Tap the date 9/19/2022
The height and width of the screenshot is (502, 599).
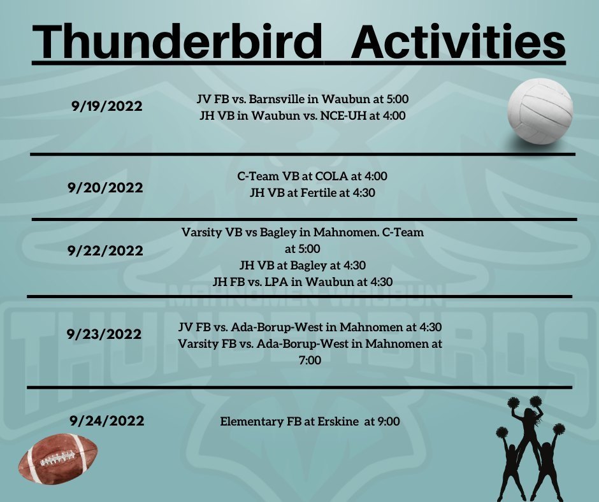click(106, 106)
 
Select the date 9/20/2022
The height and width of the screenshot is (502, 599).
click(105, 187)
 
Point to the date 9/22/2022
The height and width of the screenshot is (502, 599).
click(105, 250)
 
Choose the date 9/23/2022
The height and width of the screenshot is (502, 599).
click(104, 334)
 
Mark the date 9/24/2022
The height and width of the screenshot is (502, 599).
click(107, 420)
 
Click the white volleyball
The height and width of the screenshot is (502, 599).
click(540, 111)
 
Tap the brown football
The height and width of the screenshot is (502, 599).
click(58, 459)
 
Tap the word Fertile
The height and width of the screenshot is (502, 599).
click(319, 192)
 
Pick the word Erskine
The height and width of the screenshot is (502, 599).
click(338, 421)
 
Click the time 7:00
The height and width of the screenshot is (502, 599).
click(310, 360)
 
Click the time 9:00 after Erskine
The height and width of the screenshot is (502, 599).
click(389, 421)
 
